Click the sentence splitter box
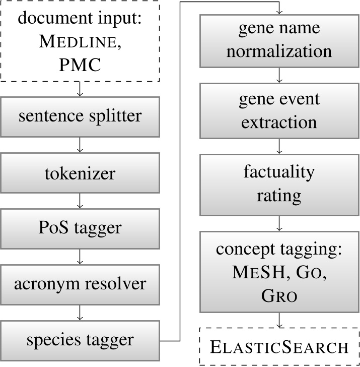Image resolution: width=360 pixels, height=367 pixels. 80,116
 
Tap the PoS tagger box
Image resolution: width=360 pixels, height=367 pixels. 80,227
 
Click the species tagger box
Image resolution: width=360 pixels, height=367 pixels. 80,340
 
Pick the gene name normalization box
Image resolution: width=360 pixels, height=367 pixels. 279,40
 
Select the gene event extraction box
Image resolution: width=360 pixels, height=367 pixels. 279,110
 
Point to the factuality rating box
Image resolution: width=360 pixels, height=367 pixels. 279,183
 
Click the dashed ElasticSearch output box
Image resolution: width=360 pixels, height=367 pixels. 279,347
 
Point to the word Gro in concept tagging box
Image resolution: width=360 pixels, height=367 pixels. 279,296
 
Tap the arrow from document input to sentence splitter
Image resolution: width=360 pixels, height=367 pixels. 80,90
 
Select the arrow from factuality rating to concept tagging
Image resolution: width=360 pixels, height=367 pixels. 279,223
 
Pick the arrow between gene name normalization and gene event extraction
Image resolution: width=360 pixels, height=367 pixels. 279,75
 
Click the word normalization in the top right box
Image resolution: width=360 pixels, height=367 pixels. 279,51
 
